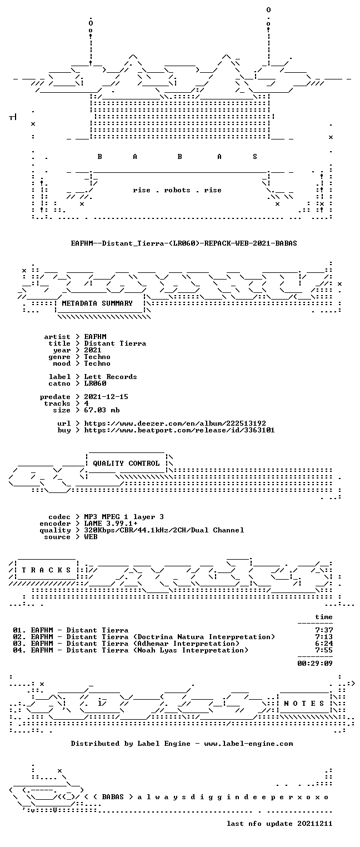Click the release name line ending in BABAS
click(x=184, y=243)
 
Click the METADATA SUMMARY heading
click(x=97, y=303)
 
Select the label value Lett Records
click(x=111, y=377)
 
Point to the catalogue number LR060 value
click(x=95, y=383)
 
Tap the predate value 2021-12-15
click(x=106, y=397)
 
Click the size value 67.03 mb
click(x=102, y=410)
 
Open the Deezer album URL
click(x=175, y=423)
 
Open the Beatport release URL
click(x=179, y=430)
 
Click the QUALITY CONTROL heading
click(x=126, y=464)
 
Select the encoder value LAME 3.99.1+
click(x=111, y=524)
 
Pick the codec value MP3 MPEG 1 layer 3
click(x=124, y=517)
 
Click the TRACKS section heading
click(x=47, y=570)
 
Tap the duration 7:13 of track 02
click(x=324, y=637)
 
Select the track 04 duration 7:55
click(x=324, y=650)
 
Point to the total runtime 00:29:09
click(x=315, y=664)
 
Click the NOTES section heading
click(x=304, y=704)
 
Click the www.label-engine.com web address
click(x=248, y=744)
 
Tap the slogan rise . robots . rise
click(x=177, y=190)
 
